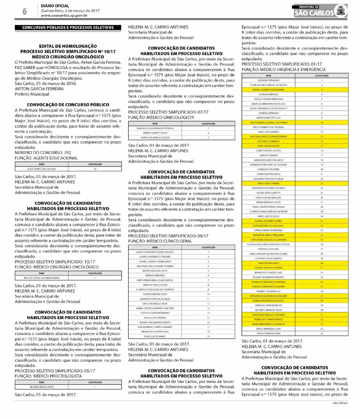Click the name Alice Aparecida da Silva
(x=42, y=169)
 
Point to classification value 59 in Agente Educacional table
(x=95, y=169)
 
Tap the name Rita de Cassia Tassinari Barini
(x=42, y=277)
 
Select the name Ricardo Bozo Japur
(x=42, y=387)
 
